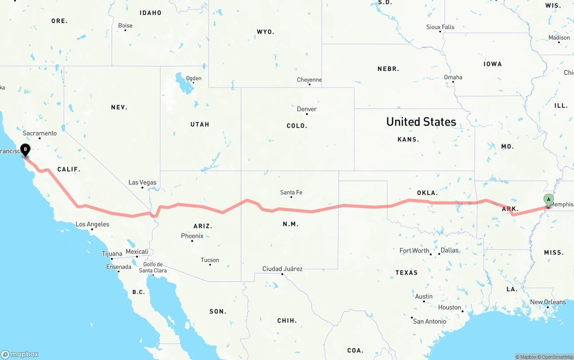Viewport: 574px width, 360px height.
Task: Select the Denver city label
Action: [x=307, y=109]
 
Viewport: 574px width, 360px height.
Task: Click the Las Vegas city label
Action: [x=142, y=182]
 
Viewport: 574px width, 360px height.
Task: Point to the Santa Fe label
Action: [x=291, y=192]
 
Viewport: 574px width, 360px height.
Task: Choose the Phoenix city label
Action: [x=192, y=236]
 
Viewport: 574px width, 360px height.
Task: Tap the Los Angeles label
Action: [x=92, y=224]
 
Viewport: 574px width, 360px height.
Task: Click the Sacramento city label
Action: [x=40, y=133]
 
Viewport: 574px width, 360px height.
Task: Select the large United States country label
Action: [x=421, y=121]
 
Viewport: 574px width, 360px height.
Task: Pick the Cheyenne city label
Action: [x=309, y=80]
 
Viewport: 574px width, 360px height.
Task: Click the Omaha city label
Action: [x=453, y=77]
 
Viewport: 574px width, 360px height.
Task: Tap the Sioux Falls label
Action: [x=440, y=27]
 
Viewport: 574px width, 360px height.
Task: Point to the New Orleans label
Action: [x=548, y=302]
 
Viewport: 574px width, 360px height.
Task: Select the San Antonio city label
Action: [x=430, y=321]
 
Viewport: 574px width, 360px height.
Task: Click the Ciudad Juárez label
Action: [x=283, y=269]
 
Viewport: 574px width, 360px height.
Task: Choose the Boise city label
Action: [x=125, y=26]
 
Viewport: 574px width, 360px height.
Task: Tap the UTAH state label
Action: [x=200, y=124]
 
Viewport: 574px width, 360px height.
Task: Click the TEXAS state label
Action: [x=406, y=273]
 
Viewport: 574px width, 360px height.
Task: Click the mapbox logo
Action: [x=20, y=354]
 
